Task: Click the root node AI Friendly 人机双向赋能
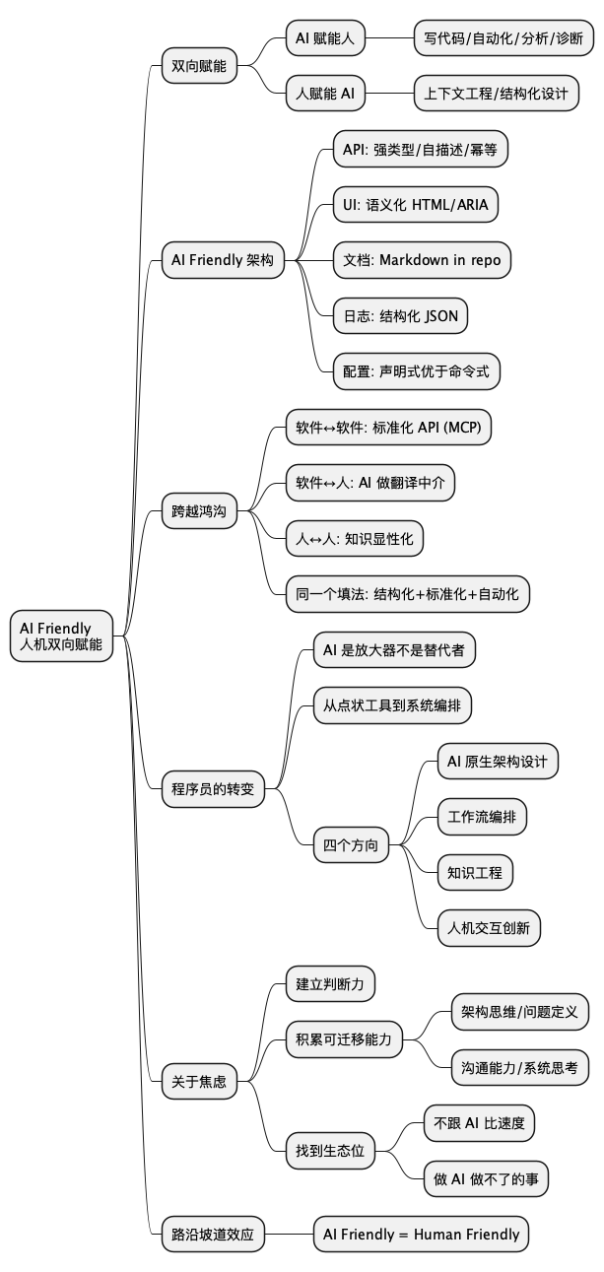click(61, 636)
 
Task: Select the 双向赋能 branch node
click(199, 67)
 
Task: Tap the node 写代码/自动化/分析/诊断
click(503, 39)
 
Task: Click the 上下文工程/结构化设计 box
click(496, 95)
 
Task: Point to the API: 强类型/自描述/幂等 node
click(420, 150)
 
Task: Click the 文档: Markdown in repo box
click(422, 260)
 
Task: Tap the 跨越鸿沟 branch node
click(199, 511)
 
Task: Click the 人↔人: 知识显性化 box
click(354, 538)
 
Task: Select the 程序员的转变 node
click(213, 788)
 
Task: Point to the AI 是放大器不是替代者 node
click(394, 649)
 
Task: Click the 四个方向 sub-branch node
click(351, 844)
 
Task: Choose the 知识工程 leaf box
click(475, 872)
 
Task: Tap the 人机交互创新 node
click(489, 927)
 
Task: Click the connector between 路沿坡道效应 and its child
click(289, 1234)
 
